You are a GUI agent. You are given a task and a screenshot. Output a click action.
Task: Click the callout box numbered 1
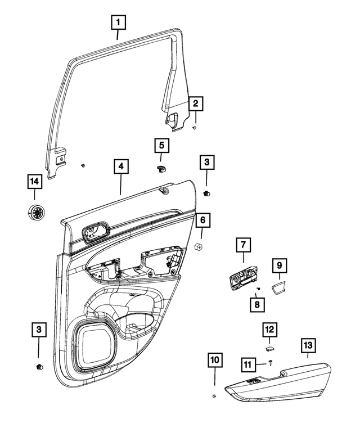click(118, 23)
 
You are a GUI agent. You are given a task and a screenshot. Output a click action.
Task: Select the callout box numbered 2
click(195, 103)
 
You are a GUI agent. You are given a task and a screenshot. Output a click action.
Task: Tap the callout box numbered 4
click(120, 167)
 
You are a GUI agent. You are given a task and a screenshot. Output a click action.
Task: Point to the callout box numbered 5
click(161, 146)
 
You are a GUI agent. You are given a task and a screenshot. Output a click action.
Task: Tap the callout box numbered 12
click(269, 329)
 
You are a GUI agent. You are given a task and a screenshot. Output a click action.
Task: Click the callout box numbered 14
click(35, 182)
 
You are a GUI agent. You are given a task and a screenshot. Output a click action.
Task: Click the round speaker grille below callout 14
click(35, 214)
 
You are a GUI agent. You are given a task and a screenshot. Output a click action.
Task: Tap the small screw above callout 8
click(257, 289)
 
